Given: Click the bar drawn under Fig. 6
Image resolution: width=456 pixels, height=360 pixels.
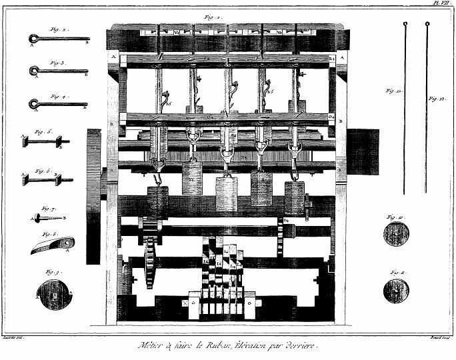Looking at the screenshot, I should (46, 179).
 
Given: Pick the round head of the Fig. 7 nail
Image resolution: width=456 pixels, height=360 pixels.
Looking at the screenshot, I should (37, 218).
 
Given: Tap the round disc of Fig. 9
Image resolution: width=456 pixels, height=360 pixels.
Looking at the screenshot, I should (53, 295).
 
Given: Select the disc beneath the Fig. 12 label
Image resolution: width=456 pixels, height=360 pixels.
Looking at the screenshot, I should (396, 234).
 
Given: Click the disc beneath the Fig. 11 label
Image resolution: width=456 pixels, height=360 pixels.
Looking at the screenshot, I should (396, 290).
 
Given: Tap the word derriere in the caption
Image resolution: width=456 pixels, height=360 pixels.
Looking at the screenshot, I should (301, 346).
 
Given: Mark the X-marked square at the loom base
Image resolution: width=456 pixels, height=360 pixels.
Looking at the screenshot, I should (184, 303).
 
